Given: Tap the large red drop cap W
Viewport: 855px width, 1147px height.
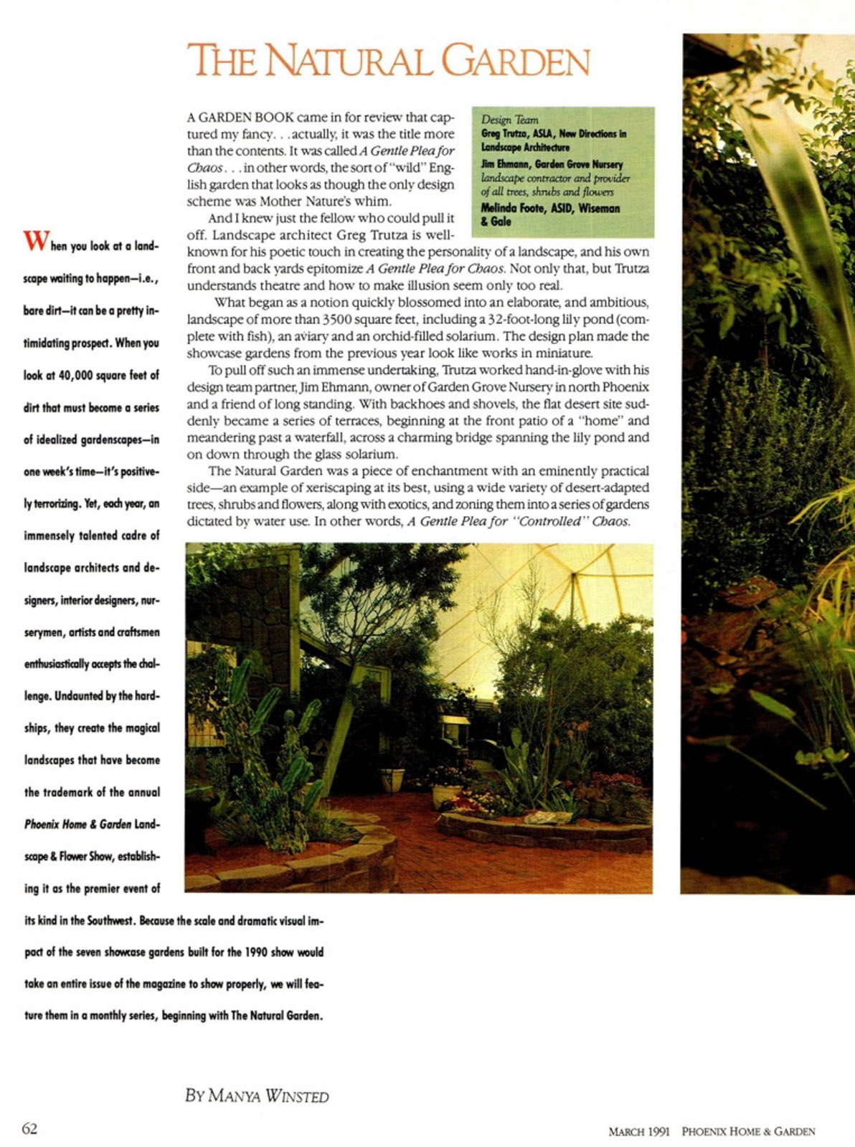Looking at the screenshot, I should tap(35, 241).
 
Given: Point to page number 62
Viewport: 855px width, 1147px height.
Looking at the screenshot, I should tap(29, 1128).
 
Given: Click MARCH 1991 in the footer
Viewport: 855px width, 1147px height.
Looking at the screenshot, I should tap(638, 1131).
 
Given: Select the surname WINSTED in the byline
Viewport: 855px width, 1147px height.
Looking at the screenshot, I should tap(297, 1096).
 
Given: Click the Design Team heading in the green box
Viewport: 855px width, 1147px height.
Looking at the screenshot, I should tap(509, 120).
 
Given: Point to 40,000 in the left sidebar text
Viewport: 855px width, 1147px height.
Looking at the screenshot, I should tap(80, 375).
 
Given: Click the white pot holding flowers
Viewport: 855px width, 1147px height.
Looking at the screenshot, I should tap(445, 794).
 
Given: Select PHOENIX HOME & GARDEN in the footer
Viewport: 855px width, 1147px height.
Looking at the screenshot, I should tap(747, 1131).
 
